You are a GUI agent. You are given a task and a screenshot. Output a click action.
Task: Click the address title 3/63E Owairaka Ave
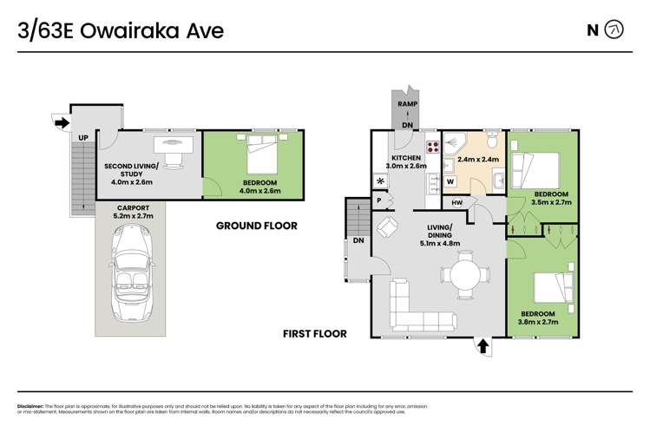121,31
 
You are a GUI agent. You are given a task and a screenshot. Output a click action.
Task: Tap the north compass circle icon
614,30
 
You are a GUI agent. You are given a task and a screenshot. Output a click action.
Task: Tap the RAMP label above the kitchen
407,104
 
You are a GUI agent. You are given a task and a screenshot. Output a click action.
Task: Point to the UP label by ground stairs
83,138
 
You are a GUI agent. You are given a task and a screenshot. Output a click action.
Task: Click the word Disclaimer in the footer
33,406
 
